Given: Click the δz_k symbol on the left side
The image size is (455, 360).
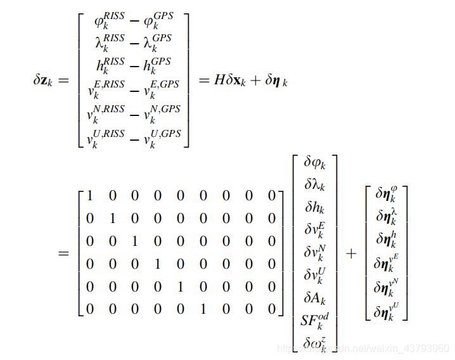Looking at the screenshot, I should tap(45, 80).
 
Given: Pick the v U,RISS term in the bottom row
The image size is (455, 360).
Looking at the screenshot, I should tap(108, 137).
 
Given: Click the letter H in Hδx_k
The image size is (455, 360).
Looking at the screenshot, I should tap(221, 80).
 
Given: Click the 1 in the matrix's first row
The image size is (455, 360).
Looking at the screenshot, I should tap(89, 195).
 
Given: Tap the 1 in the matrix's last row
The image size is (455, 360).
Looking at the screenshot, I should tap(203, 309).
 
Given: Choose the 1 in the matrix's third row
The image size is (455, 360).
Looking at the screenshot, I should tap(134, 241).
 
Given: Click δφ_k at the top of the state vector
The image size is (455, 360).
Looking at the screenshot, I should tap(314, 163).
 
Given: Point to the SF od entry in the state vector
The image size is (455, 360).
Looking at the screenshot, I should tap(314, 319).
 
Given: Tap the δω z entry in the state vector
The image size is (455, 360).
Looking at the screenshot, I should tap(314, 342).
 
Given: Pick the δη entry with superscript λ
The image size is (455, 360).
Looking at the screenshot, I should tap(387, 217).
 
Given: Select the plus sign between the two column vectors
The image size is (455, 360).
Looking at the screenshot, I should tap(351, 253).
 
